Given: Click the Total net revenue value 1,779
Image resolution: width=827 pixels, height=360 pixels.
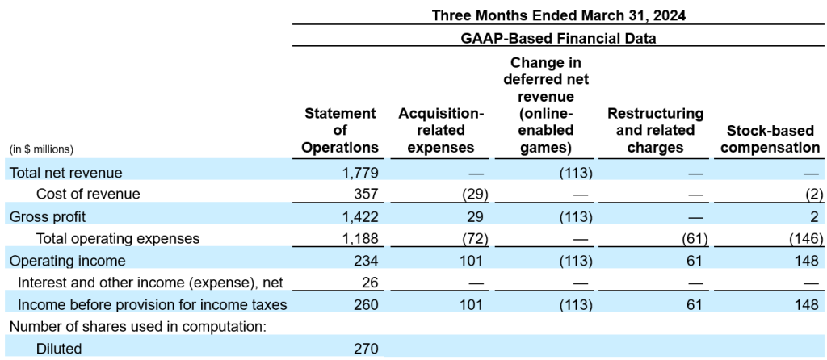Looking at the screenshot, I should point(358,172).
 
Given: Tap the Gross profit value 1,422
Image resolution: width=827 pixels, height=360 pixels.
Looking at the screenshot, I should point(358,216).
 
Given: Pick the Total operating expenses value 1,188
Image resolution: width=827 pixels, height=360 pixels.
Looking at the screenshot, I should point(358,238).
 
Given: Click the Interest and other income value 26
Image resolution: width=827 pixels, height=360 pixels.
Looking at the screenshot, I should point(370,283).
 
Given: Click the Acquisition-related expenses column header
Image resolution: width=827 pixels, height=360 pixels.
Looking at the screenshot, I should point(441,131).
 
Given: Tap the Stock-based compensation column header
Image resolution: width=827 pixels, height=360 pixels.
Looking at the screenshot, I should point(774,139).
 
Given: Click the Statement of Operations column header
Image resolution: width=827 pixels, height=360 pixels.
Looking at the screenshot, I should point(340,131).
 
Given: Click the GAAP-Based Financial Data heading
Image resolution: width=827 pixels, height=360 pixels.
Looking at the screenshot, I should point(558,37).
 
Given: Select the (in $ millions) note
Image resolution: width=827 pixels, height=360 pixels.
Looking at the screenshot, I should point(41,149).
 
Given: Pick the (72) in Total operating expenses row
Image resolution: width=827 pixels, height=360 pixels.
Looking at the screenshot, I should point(473,238).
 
